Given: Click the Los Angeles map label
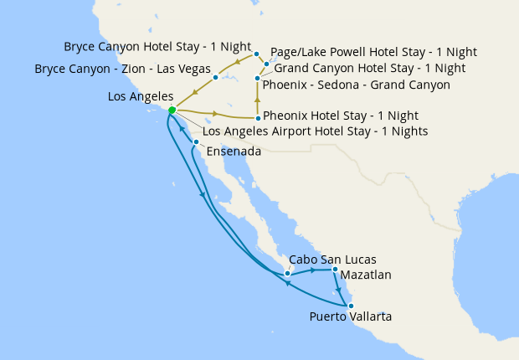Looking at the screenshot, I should (x=141, y=97).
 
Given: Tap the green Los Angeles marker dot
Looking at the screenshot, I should (x=172, y=110).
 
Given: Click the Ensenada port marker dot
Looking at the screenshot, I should (x=195, y=142).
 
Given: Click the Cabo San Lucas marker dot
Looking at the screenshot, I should (x=287, y=273).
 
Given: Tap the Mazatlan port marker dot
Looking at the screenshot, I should (x=335, y=270).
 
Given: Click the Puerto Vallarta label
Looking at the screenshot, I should (x=350, y=316).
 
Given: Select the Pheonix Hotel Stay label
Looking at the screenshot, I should (x=341, y=116).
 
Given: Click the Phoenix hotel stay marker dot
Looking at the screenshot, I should (x=257, y=119).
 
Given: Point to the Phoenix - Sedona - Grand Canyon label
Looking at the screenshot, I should (x=357, y=85).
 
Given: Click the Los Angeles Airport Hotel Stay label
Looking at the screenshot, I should (x=316, y=131).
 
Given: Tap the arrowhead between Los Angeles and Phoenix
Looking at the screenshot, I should (x=216, y=114).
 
